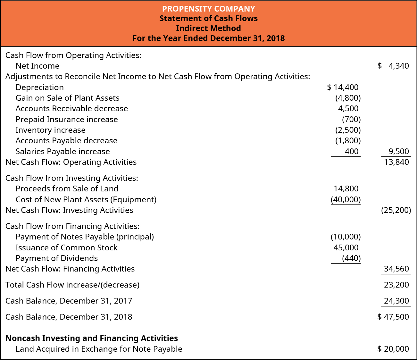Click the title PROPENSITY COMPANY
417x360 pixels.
pos(208,9)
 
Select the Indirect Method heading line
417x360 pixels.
pos(208,28)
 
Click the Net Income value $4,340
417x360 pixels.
pos(393,66)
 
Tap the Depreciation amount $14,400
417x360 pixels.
pos(343,87)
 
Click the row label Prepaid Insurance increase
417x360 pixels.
pos(67,120)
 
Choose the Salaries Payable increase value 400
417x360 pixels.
pos(351,151)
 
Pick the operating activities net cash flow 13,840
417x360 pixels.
pos(396,162)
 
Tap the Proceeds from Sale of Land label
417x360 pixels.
pos(67,189)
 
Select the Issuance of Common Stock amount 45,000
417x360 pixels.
pos(346,248)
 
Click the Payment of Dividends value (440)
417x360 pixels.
pos(351,258)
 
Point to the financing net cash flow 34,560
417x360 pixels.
pos(396,269)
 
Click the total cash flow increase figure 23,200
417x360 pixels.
pos(396,285)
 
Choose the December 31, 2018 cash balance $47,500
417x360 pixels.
pos(393,317)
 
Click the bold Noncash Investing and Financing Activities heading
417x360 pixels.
pos(92,339)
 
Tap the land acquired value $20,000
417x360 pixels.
pos(393,349)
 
